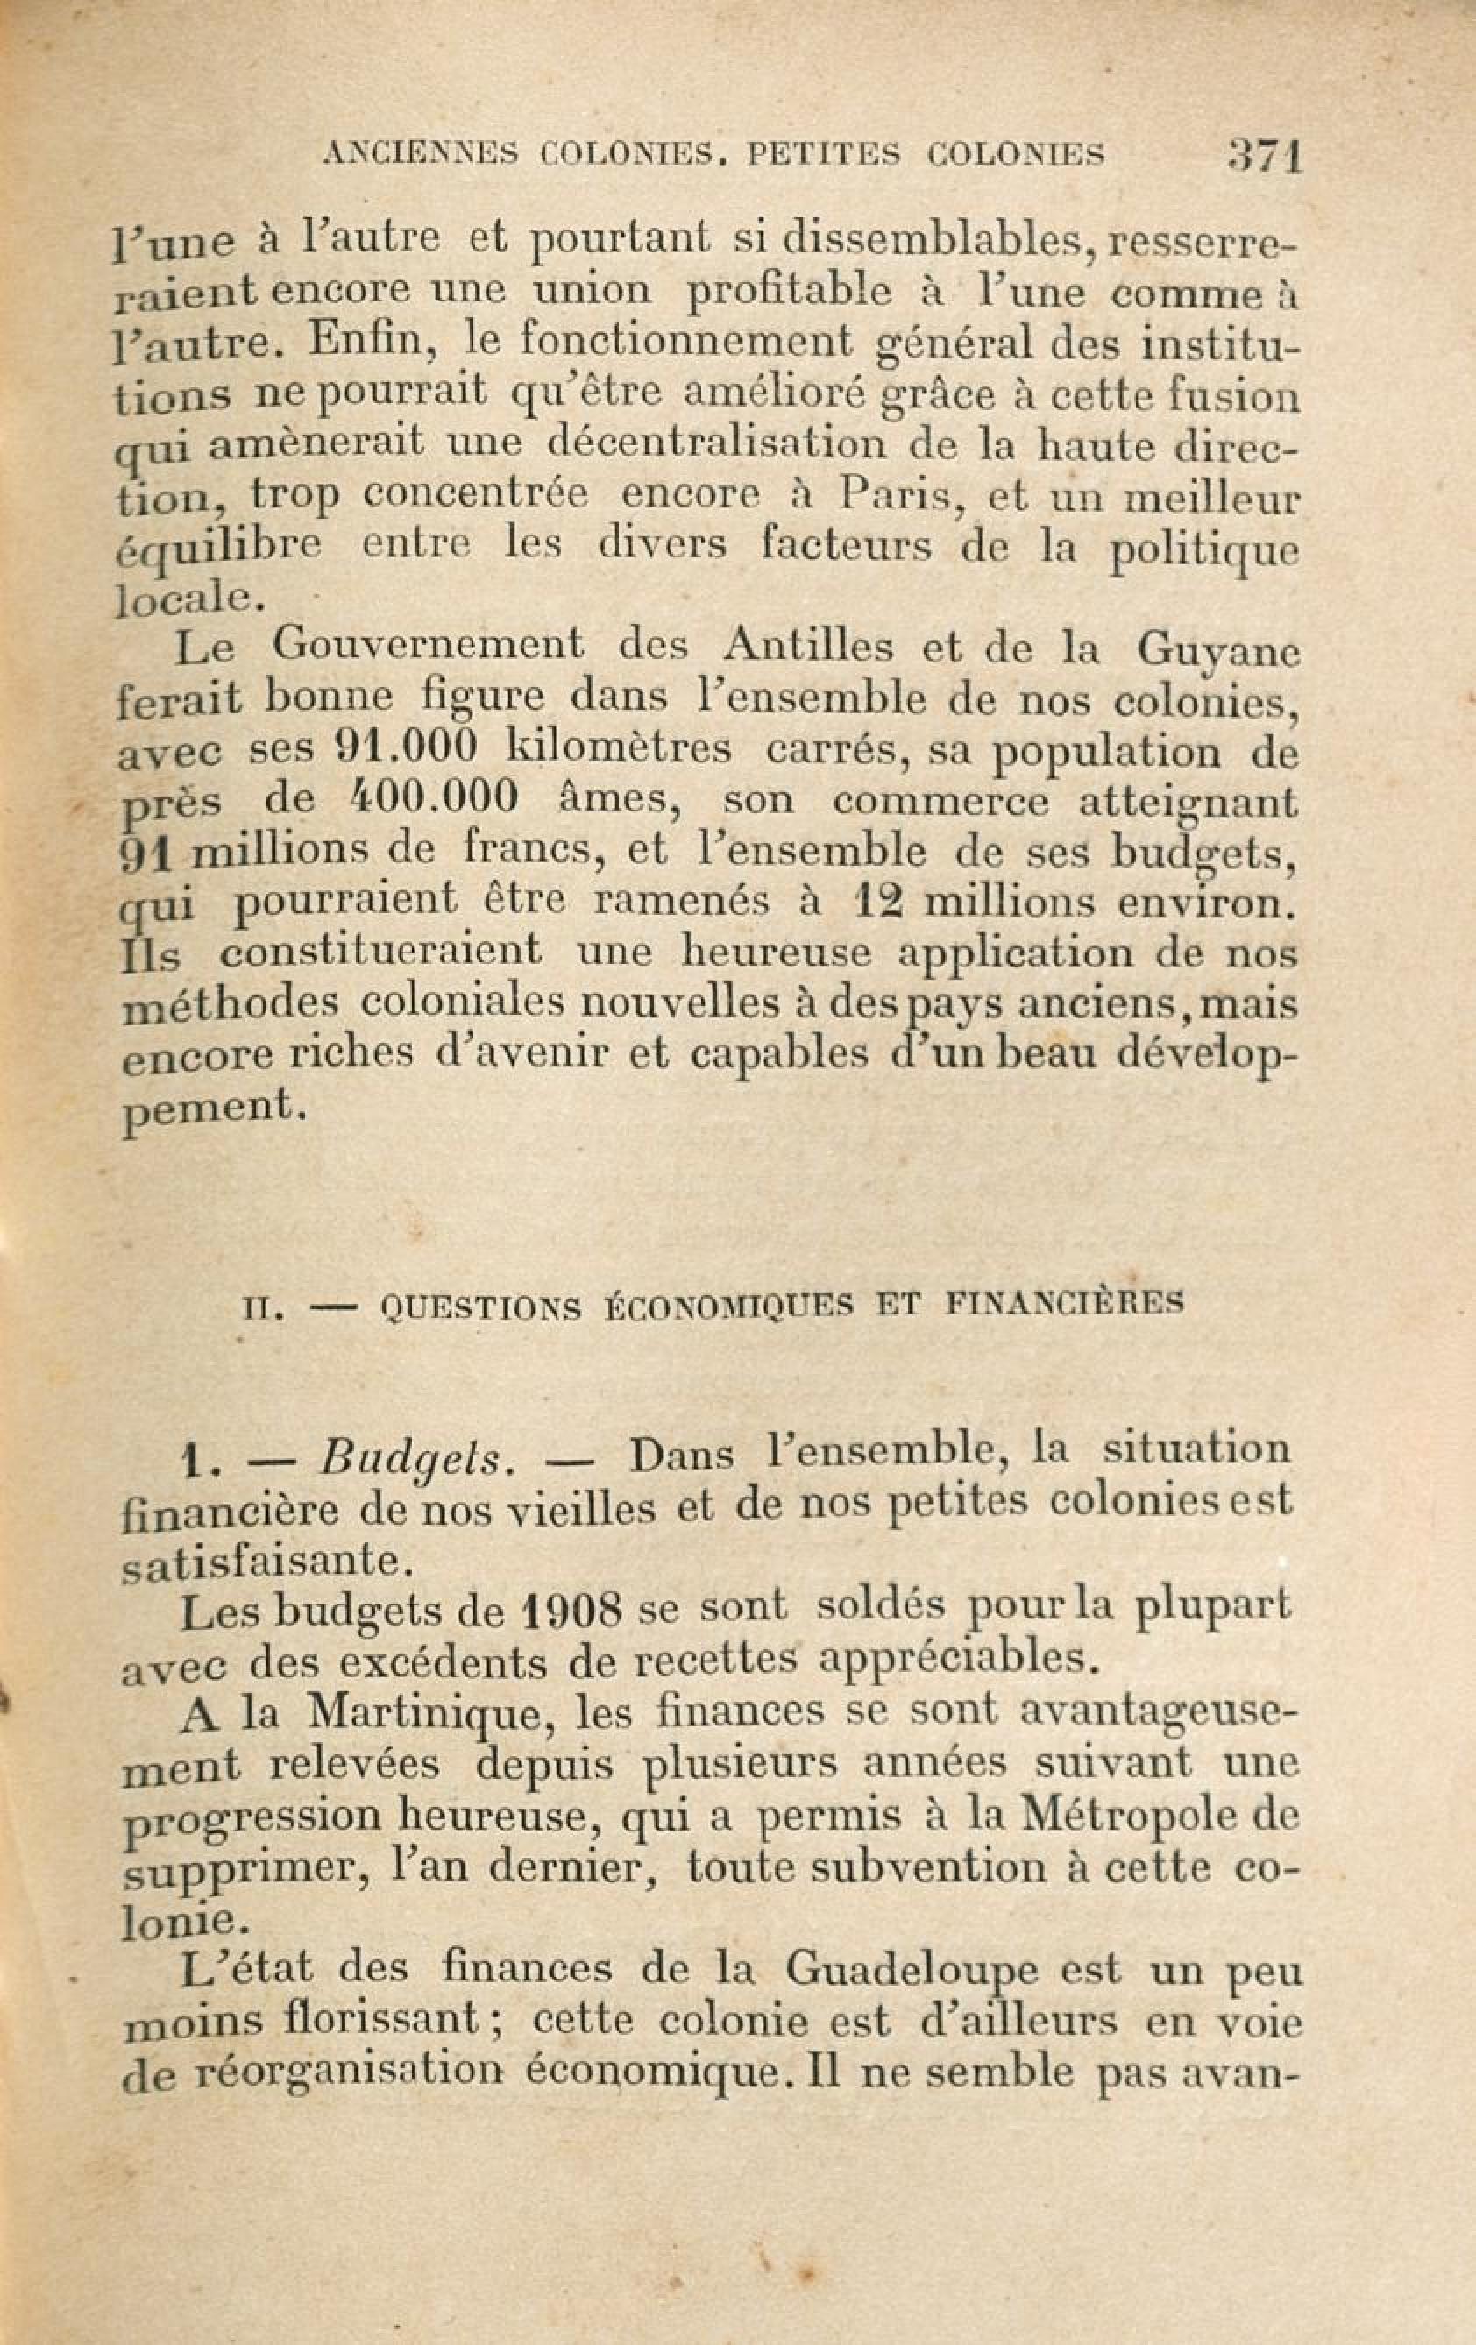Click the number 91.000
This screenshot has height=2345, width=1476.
(x=405, y=747)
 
